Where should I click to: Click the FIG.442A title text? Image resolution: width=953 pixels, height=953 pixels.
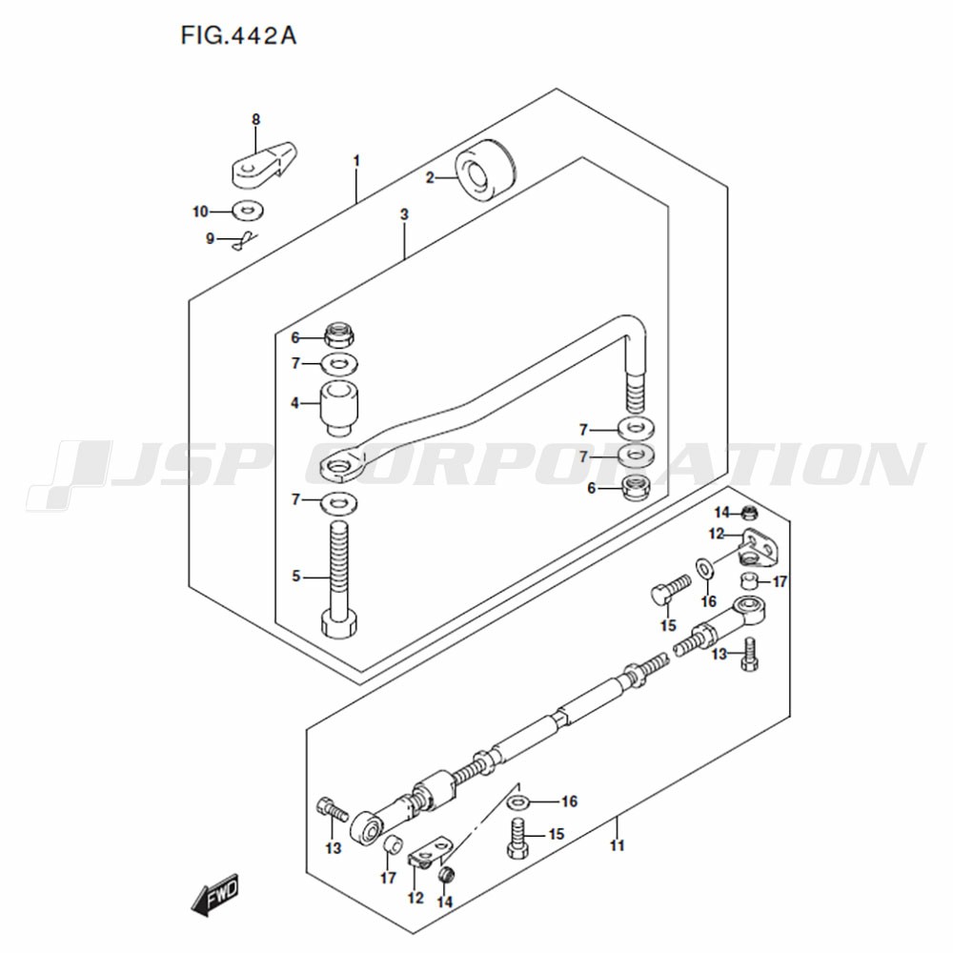point(238,36)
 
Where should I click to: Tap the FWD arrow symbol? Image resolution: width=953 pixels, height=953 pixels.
point(215,895)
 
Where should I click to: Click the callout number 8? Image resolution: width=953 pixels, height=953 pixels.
point(255,120)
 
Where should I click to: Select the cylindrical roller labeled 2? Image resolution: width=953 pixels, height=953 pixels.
point(486,171)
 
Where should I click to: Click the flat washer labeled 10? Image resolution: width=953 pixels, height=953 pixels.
point(248,211)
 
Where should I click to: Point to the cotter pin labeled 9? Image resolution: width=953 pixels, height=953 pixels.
point(245,241)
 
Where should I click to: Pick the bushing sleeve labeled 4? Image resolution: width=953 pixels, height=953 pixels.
point(339,408)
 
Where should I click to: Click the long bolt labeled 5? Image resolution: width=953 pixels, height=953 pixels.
point(339,580)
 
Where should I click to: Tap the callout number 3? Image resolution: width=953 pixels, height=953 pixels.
point(404,213)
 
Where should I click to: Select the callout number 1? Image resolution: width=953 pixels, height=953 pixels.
point(356,161)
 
